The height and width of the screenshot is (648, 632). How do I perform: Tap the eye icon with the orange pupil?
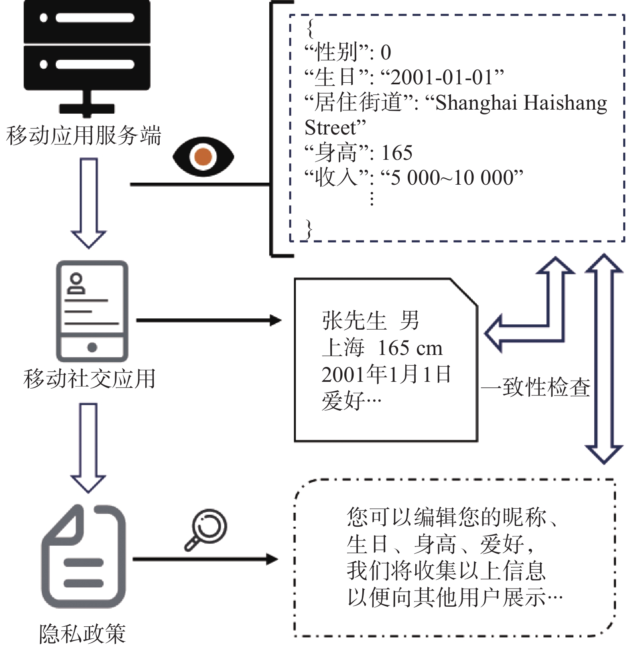tap(203, 157)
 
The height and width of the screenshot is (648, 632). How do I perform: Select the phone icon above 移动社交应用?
tap(92, 311)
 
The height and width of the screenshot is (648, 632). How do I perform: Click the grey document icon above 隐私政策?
tap(83, 556)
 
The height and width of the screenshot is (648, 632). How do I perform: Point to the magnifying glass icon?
tap(205, 530)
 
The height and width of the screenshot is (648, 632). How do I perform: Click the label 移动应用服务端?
tap(83, 135)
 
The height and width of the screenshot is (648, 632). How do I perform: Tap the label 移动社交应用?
tap(89, 379)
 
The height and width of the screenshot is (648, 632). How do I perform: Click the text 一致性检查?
tap(536, 387)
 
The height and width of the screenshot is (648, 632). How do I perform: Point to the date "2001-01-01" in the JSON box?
tap(442, 77)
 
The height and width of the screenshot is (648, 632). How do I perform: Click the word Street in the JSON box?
tap(330, 128)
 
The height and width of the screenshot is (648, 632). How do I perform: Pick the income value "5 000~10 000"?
tap(452, 177)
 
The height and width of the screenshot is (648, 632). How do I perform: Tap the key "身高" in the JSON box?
tap(336, 153)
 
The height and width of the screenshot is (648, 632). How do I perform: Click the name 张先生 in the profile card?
tap(354, 321)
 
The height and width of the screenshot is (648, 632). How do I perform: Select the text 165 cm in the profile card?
tap(410, 348)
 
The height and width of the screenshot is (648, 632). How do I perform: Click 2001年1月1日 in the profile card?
tap(386, 374)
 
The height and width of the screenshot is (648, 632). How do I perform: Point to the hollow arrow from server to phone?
tap(89, 203)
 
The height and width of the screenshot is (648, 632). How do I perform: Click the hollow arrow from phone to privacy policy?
tap(88, 448)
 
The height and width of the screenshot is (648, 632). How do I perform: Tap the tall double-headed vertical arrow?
tap(604, 359)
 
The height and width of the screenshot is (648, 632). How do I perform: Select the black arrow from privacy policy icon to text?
tap(205, 559)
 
